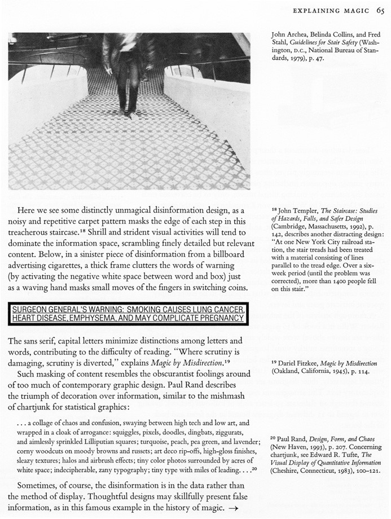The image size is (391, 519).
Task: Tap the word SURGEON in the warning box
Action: [x=31, y=310]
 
